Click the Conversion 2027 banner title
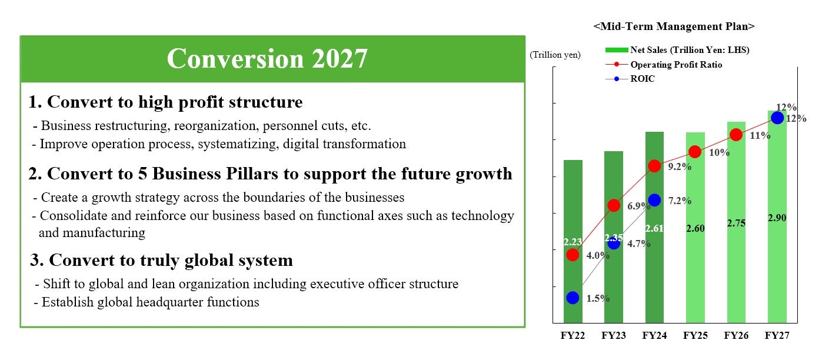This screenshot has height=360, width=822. [x=267, y=58]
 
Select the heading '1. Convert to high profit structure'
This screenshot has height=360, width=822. [x=165, y=102]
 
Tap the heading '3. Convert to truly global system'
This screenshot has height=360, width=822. [x=161, y=260]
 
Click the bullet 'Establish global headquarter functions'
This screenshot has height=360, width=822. [x=147, y=302]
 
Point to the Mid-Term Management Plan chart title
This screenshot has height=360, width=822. [x=674, y=26]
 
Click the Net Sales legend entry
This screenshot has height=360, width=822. [x=677, y=50]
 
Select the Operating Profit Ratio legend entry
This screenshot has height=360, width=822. [x=664, y=65]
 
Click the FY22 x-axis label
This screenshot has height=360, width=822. [x=573, y=335]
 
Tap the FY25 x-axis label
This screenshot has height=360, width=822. [x=695, y=335]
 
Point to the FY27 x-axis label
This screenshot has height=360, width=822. [x=777, y=335]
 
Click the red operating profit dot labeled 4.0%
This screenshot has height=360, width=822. [x=573, y=255]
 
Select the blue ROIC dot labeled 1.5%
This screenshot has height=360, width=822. [x=573, y=298]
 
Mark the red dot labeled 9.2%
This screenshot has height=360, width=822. [x=654, y=166]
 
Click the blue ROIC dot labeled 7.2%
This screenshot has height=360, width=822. [x=654, y=200]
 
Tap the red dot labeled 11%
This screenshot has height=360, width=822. [x=736, y=135]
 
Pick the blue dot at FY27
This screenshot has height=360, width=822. [x=777, y=118]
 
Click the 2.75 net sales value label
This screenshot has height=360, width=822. [x=736, y=223]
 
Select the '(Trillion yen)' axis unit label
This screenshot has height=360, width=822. [x=555, y=55]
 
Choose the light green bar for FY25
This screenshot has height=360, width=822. [x=695, y=228]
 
